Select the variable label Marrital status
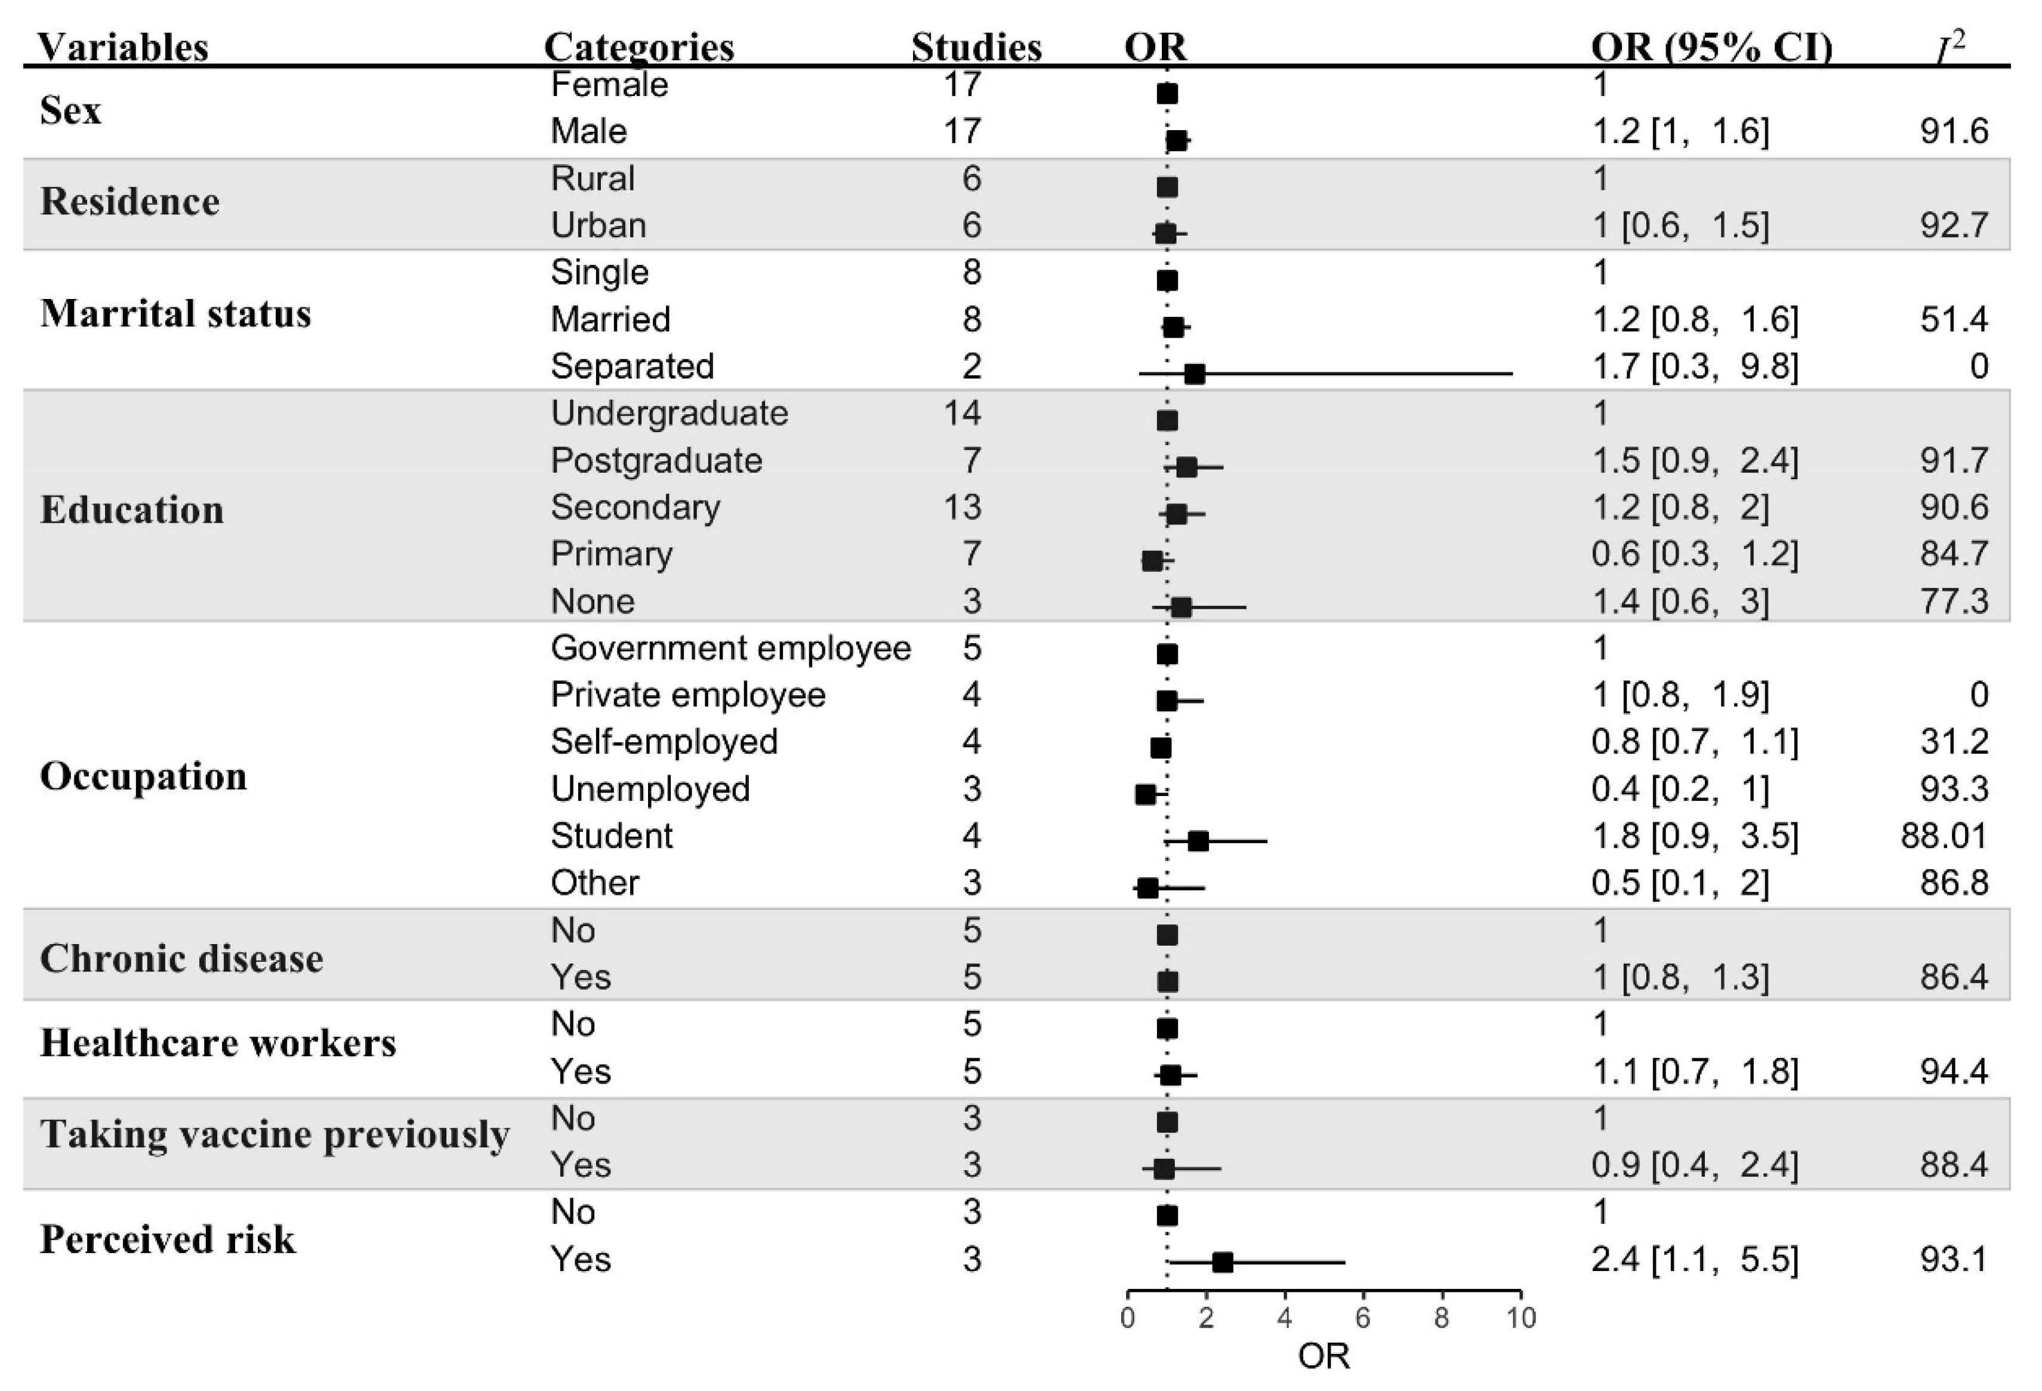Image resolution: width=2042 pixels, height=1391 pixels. [175, 314]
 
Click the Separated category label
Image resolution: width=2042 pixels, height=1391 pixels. [632, 366]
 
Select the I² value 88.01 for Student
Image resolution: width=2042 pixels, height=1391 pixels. [1943, 835]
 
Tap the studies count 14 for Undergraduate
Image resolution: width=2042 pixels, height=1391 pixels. [961, 413]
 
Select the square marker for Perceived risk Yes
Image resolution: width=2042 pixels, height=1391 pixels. [1222, 1263]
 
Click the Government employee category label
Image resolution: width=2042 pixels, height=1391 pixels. [730, 649]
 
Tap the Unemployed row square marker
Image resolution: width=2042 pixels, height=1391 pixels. [1145, 794]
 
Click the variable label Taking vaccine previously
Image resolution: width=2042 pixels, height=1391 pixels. [274, 1134]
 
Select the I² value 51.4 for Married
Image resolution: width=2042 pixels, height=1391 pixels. [1952, 319]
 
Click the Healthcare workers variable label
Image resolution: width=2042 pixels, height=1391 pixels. [218, 1043]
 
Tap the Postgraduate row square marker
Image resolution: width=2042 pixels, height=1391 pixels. [1186, 467]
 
